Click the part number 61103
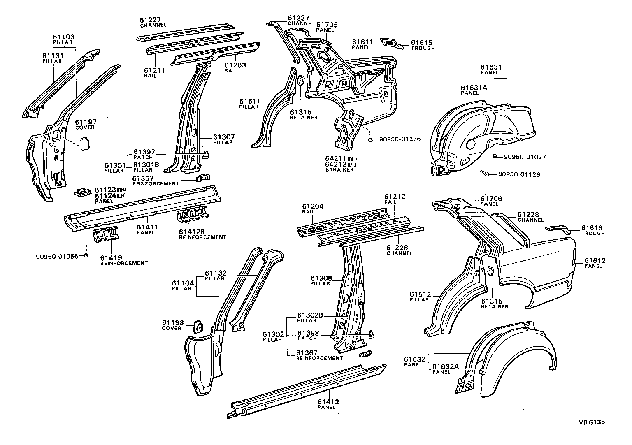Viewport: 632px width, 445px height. (x=63, y=37)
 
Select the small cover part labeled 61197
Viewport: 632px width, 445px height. (x=85, y=144)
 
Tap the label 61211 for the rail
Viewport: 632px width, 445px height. (x=155, y=70)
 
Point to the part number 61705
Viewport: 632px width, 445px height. (x=327, y=25)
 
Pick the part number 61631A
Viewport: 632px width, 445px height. (x=474, y=88)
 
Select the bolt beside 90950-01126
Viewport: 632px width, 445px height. (x=486, y=174)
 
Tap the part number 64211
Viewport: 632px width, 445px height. (x=336, y=159)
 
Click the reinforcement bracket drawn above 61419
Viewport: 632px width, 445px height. (x=106, y=235)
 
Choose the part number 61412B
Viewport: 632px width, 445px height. (x=193, y=232)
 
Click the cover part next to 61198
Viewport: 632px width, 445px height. (x=198, y=327)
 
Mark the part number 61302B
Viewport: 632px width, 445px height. (x=310, y=315)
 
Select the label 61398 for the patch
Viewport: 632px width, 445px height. (x=307, y=333)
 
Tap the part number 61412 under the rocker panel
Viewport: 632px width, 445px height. (x=328, y=401)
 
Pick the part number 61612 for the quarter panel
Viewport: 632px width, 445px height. (x=595, y=261)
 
